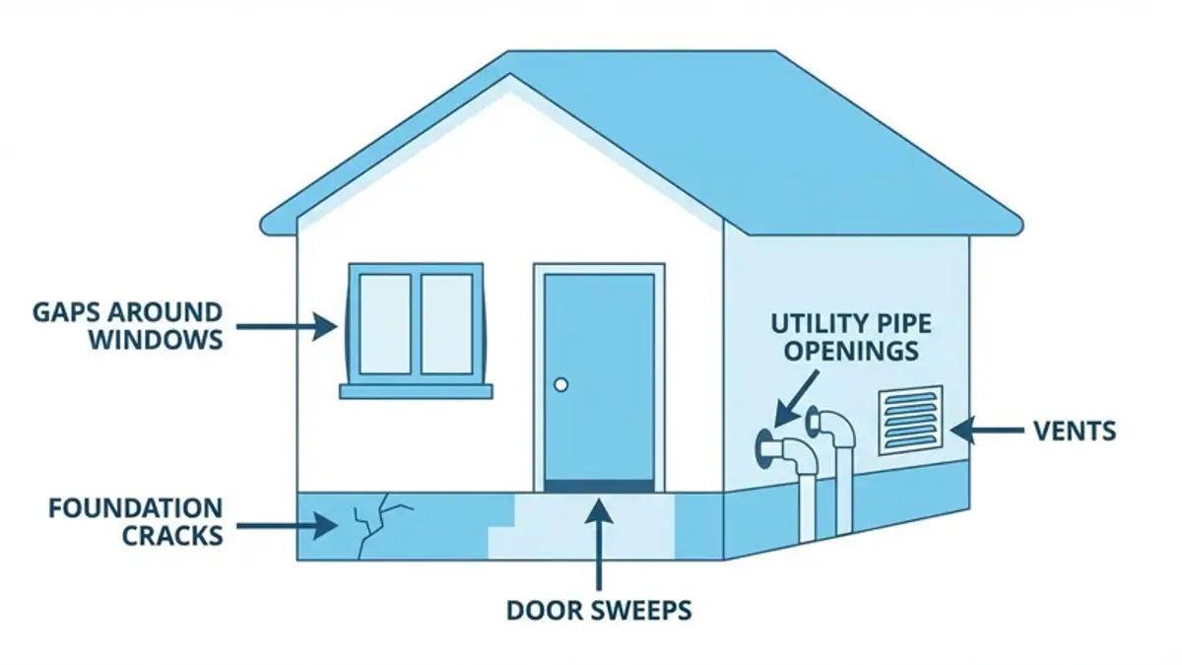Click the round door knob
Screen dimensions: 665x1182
560,384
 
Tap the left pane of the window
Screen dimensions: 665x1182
385,323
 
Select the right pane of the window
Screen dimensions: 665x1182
446,323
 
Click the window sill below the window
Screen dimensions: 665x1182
416,391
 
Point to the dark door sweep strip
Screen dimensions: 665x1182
599,485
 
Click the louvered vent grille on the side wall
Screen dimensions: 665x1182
910,420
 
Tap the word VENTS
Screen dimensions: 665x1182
1075,431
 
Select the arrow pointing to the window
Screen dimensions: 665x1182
286,326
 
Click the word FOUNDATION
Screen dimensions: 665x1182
136,508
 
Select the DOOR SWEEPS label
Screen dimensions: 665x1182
599,610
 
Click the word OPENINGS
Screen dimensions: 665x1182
845,350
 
